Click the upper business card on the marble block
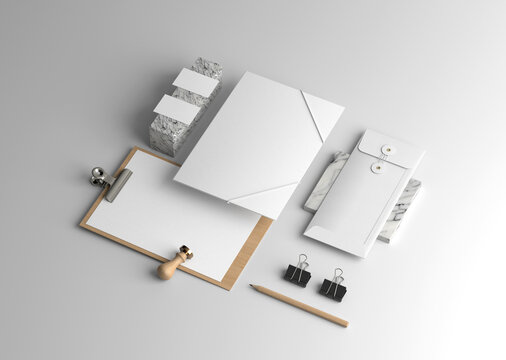point(195,83)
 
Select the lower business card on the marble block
point(177,109)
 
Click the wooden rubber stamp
point(174,263)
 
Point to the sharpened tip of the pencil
point(253,288)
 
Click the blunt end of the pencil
point(345,324)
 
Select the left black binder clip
point(297,275)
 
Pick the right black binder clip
point(333,289)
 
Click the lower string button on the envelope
point(378,168)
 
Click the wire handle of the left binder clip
point(300,260)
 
